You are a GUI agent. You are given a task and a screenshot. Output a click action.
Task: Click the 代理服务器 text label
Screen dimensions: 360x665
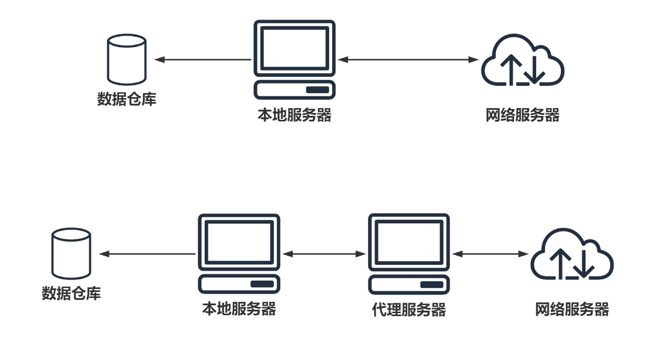[409, 310]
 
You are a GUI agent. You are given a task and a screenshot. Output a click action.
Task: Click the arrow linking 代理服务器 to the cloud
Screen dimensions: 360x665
[490, 254]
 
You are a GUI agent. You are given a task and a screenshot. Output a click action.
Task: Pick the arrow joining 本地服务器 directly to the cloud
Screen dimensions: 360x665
[408, 60]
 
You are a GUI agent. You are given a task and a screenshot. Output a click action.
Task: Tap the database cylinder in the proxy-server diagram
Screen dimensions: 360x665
[72, 253]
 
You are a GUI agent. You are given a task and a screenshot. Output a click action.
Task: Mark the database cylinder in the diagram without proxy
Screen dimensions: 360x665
[127, 59]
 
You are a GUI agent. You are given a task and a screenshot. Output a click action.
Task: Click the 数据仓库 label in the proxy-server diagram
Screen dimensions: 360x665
[72, 294]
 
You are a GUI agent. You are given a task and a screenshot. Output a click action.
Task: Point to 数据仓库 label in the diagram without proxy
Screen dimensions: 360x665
[127, 99]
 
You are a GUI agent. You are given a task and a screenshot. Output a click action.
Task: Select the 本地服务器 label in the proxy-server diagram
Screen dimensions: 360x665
[239, 309]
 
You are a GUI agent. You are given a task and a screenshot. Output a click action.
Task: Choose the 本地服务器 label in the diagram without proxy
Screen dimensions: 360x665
[295, 115]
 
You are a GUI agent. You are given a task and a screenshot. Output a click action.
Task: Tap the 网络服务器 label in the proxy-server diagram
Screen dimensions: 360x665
[572, 310]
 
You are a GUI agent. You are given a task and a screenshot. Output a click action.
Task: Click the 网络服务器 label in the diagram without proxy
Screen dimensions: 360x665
[522, 115]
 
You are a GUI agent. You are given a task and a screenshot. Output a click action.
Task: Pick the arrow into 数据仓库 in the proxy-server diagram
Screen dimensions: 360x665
[148, 254]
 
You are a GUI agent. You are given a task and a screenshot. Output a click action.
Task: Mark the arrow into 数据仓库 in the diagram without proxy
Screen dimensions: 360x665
[203, 60]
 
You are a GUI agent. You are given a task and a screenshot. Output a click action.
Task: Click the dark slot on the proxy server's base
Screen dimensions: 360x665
[432, 285]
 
